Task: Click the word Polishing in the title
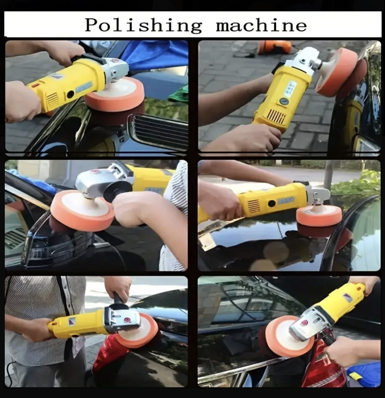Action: coord(143,26)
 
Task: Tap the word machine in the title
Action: coord(261,25)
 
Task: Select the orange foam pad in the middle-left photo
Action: coord(82,210)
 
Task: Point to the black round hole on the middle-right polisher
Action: coord(272,203)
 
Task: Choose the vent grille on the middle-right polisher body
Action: coord(253,205)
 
